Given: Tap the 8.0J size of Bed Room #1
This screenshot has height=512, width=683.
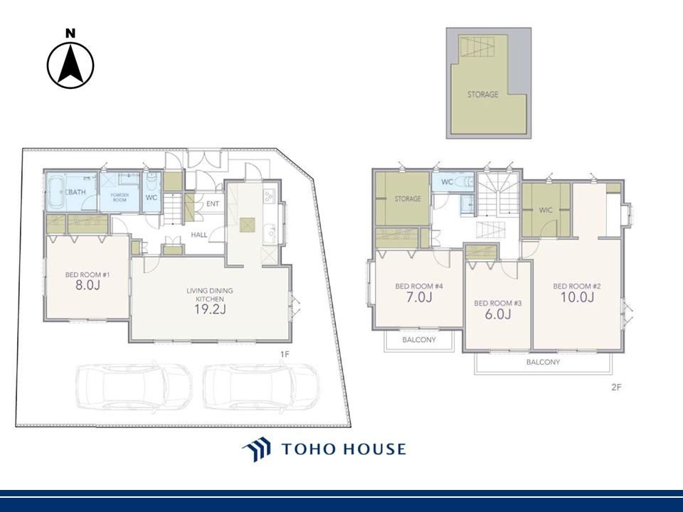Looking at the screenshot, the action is [88, 285].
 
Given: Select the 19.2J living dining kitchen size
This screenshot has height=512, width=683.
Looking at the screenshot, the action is [210, 309].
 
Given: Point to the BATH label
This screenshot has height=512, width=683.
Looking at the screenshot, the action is [76, 192].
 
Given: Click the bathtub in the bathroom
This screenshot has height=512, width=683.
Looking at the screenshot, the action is [55, 191].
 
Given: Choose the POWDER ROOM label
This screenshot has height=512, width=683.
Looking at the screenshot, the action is [120, 197].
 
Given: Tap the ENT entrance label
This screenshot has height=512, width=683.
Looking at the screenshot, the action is [213, 204].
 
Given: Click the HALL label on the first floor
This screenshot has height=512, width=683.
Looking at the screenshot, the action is [199, 235].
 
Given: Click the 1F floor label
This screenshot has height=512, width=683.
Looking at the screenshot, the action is [285, 354].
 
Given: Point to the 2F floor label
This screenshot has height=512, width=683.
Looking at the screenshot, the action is [616, 387].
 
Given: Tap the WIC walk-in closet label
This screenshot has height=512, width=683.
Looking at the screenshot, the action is [546, 210].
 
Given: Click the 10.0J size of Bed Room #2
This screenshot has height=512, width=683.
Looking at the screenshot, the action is [577, 297].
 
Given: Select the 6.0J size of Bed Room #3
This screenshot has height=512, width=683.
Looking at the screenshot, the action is [498, 314].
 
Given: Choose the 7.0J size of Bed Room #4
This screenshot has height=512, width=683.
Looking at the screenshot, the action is [419, 297].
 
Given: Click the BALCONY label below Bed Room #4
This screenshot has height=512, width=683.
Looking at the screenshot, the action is [419, 340].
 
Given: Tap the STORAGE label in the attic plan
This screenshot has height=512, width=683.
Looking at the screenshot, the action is [483, 94].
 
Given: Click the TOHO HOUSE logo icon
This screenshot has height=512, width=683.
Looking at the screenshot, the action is [257, 449].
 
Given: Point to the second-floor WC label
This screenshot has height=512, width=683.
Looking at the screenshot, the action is [448, 182].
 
